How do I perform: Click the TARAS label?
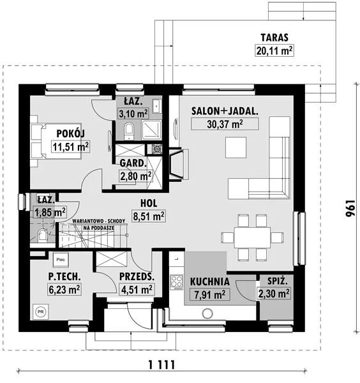click(x=274, y=38)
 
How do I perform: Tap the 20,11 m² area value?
click(x=274, y=51)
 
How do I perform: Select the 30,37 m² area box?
click(x=225, y=124)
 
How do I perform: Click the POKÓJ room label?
click(x=71, y=133)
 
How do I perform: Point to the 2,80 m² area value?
click(x=135, y=176)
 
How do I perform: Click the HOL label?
click(x=149, y=203)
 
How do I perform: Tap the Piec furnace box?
click(x=61, y=259)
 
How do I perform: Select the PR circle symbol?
click(x=41, y=312)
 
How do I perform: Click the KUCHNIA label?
click(x=210, y=282)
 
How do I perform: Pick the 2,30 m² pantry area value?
click(x=274, y=294)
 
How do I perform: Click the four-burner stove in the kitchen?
click(x=177, y=282)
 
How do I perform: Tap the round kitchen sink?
click(x=207, y=313)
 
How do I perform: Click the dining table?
click(x=252, y=237)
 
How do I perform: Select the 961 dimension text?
click(x=350, y=208)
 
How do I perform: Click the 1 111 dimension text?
click(x=162, y=365)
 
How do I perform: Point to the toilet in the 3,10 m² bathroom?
click(x=129, y=131)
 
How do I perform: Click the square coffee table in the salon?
click(x=236, y=147)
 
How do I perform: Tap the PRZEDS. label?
click(x=137, y=276)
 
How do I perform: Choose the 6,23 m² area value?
click(x=64, y=289)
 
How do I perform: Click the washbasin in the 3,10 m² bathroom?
click(x=156, y=106)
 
